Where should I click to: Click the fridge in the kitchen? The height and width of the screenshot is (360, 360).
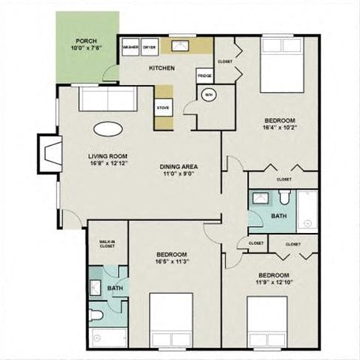[204, 76]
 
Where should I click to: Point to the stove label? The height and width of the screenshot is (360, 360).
[163, 107]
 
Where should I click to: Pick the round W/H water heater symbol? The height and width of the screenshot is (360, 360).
[208, 95]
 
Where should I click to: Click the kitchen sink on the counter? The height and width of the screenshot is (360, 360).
[180, 45]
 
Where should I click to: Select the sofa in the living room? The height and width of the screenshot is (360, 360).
[107, 99]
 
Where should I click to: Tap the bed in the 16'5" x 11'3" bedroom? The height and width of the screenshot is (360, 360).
[171, 319]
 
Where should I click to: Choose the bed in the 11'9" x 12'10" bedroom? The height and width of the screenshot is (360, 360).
[267, 322]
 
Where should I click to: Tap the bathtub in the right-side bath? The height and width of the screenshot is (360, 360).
[307, 210]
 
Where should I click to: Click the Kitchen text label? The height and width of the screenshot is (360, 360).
[162, 68]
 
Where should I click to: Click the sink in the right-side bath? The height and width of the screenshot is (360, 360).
[260, 199]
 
